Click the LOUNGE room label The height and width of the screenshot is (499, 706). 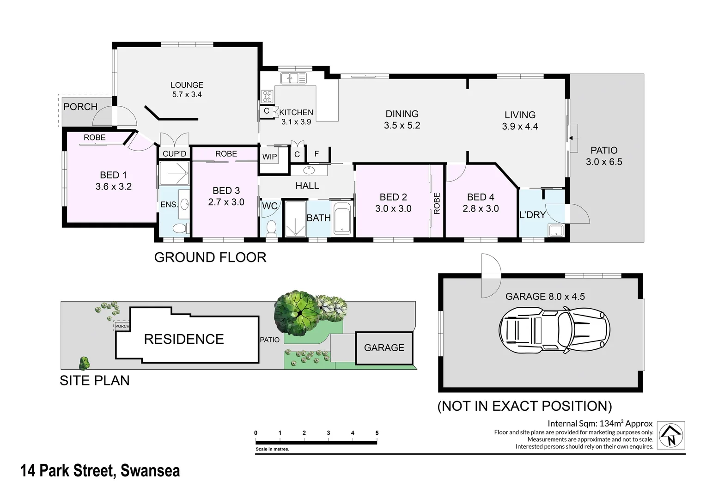tap(187, 85)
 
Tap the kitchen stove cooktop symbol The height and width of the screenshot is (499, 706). tap(268, 97)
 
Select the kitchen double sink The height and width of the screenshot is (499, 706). tap(293, 78)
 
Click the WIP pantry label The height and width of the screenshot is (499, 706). tap(269, 157)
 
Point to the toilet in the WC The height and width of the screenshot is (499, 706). tap(272, 227)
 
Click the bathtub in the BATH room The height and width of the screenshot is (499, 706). tap(342, 219)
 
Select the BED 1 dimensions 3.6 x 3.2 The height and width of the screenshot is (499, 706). tap(113, 187)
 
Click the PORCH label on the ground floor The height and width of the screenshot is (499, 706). tap(80, 107)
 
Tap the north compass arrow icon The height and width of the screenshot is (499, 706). tap(671, 435)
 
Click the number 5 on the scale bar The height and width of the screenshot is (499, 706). tap(377, 433)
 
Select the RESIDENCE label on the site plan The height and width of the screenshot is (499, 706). tap(184, 339)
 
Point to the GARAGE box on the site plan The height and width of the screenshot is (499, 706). tap(383, 348)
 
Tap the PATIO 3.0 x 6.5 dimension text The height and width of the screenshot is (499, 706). tap(604, 162)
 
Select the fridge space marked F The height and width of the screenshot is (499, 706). tap(316, 154)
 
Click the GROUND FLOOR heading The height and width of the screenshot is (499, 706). tap(210, 257)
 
